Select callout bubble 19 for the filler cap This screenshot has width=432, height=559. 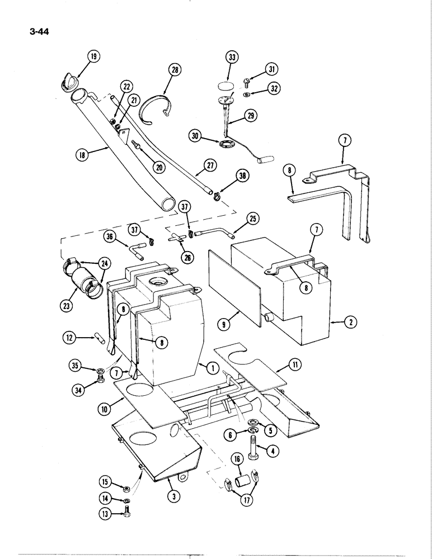pos(93,56)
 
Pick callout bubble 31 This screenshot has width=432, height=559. pos(271,69)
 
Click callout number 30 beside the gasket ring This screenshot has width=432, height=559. pos(195,135)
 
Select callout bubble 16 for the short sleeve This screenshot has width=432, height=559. pos(237,460)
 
